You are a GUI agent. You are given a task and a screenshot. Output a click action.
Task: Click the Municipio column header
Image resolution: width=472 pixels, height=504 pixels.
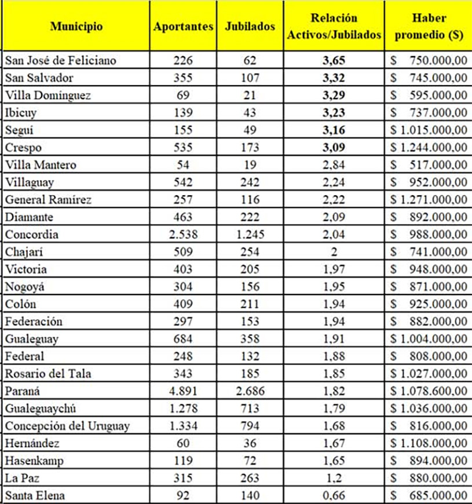point(76,27)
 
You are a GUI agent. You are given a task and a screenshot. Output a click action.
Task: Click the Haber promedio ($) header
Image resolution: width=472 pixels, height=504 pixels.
point(429,27)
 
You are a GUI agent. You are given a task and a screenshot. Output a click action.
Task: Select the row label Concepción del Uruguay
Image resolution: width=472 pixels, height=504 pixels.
point(67,426)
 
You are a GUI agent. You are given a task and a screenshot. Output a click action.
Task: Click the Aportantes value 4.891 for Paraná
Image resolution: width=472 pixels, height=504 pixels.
point(182,391)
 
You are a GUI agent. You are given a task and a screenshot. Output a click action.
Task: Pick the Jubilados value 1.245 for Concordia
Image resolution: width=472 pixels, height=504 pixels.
point(250,235)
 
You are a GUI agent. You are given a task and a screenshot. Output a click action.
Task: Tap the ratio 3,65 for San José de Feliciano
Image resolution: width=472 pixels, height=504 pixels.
point(334,60)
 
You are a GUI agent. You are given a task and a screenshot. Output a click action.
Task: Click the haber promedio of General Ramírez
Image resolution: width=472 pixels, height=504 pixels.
point(429,200)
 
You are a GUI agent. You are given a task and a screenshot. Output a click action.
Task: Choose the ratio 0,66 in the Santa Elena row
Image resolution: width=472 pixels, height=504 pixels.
point(334,496)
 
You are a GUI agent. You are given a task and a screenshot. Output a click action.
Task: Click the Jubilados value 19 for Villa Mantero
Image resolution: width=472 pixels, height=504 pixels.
point(250,165)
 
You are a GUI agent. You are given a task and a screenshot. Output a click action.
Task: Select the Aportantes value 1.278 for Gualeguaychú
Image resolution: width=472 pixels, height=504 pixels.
point(182,409)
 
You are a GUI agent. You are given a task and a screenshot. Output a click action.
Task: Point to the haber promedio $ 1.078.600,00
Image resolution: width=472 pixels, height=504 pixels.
point(429,391)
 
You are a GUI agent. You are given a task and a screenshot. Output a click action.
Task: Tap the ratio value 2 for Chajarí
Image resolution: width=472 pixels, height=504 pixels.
point(334,252)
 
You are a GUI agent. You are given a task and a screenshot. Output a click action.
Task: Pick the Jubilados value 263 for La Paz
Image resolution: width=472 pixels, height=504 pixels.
point(250,479)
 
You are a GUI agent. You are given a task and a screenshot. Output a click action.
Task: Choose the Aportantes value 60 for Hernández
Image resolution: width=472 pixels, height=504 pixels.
point(182,444)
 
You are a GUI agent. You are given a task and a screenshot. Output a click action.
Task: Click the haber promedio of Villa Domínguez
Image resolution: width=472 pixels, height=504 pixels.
point(429,95)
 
